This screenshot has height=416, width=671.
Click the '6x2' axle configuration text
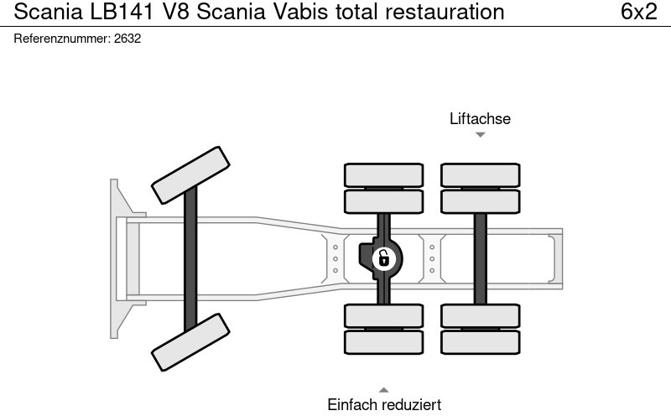click(639, 12)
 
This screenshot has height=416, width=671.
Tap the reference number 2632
click(127, 39)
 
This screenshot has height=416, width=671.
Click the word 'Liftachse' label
click(480, 118)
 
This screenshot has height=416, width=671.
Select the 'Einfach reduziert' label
click(383, 404)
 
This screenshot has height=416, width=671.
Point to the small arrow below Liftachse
click(480, 134)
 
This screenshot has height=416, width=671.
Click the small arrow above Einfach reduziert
click(383, 389)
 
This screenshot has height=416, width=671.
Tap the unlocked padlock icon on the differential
click(382, 257)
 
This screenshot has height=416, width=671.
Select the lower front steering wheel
click(191, 341)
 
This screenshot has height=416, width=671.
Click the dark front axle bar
click(191, 257)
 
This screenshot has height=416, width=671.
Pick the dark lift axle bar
click(480, 257)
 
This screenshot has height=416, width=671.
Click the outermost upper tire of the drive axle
click(383, 174)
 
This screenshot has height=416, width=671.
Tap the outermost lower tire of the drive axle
click(383, 341)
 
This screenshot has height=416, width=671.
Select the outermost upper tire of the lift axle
click(480, 174)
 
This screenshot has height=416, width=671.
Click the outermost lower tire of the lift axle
click(480, 341)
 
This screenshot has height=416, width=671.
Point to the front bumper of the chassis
click(117, 257)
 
